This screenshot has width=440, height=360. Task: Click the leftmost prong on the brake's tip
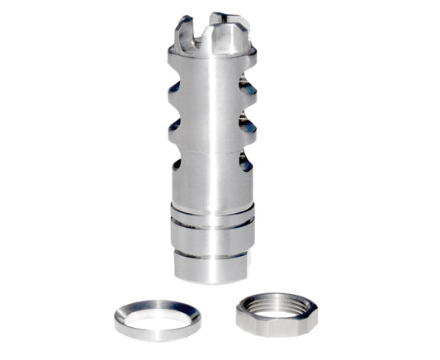(182, 34)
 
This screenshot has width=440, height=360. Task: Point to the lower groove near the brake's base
(212, 248)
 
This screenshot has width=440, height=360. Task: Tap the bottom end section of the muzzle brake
(212, 266)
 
